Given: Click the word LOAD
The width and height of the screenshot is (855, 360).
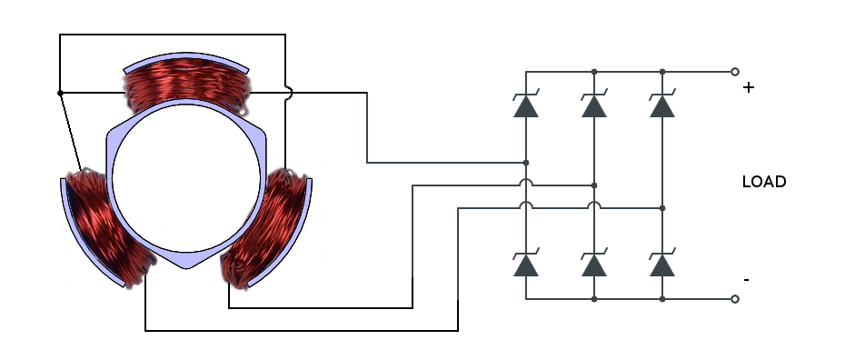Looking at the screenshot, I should [x=763, y=182].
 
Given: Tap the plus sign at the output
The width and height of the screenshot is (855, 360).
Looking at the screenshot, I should [x=749, y=88].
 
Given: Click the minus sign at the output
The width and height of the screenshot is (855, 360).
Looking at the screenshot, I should [x=746, y=280].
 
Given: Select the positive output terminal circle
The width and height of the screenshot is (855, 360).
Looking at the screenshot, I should [x=734, y=71].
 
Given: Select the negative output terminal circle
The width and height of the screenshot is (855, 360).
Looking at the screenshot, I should [x=734, y=299].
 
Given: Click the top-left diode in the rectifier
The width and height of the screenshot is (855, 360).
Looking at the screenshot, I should [x=526, y=105].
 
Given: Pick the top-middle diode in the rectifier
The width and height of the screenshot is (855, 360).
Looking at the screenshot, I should [x=594, y=105].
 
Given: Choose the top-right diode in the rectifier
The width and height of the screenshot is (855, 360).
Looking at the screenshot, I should [x=662, y=105].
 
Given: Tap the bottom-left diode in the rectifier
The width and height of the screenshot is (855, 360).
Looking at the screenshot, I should [x=526, y=264].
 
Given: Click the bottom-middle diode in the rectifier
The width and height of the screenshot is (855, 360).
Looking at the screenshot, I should [x=594, y=264].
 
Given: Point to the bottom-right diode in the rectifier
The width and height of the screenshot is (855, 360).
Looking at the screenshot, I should [x=662, y=264].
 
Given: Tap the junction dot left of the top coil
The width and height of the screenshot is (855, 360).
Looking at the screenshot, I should [x=60, y=93].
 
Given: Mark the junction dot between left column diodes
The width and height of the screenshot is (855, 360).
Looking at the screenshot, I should [x=526, y=163].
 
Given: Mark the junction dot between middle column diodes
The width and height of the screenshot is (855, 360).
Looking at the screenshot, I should [x=594, y=185].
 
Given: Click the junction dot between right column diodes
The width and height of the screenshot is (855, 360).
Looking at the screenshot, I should [x=662, y=208].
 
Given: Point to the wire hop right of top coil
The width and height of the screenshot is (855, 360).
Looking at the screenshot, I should [x=287, y=93].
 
